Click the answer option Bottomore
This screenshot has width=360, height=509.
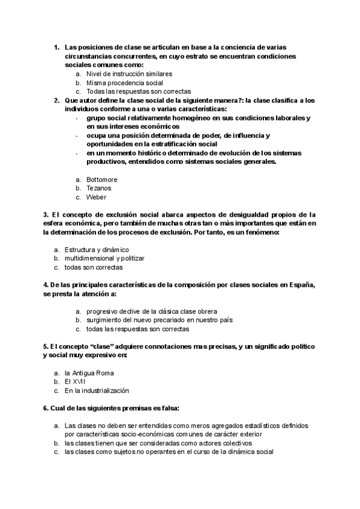click(x=101, y=179)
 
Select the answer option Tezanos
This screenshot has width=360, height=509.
click(x=99, y=188)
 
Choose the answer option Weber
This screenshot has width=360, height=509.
click(x=96, y=196)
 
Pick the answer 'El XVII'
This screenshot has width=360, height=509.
click(x=76, y=381)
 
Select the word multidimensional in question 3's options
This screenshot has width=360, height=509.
click(x=89, y=258)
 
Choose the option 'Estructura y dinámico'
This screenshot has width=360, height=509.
click(x=97, y=249)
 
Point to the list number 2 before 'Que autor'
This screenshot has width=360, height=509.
click(x=56, y=100)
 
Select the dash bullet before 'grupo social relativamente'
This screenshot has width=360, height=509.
click(x=77, y=118)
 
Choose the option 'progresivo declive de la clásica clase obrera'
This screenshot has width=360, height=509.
click(x=151, y=312)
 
